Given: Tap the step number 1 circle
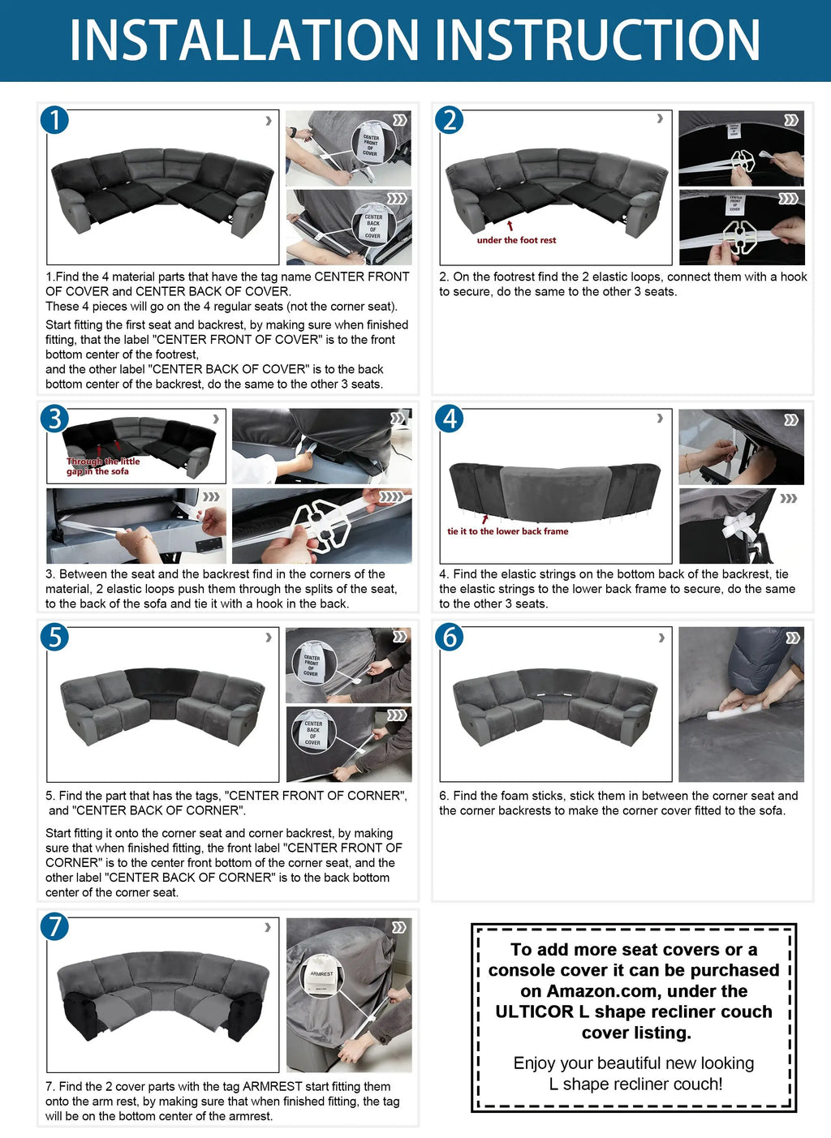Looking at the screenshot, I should [x=54, y=120].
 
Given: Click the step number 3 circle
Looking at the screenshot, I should [x=54, y=419].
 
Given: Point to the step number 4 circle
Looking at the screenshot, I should [x=450, y=419].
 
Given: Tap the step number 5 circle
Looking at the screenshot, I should [x=54, y=637].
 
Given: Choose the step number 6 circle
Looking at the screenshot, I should [x=450, y=637].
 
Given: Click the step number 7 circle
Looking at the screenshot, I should [x=54, y=926].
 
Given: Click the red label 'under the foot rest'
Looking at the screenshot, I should [x=516, y=240].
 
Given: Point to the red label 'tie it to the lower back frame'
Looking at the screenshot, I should [x=507, y=531].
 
